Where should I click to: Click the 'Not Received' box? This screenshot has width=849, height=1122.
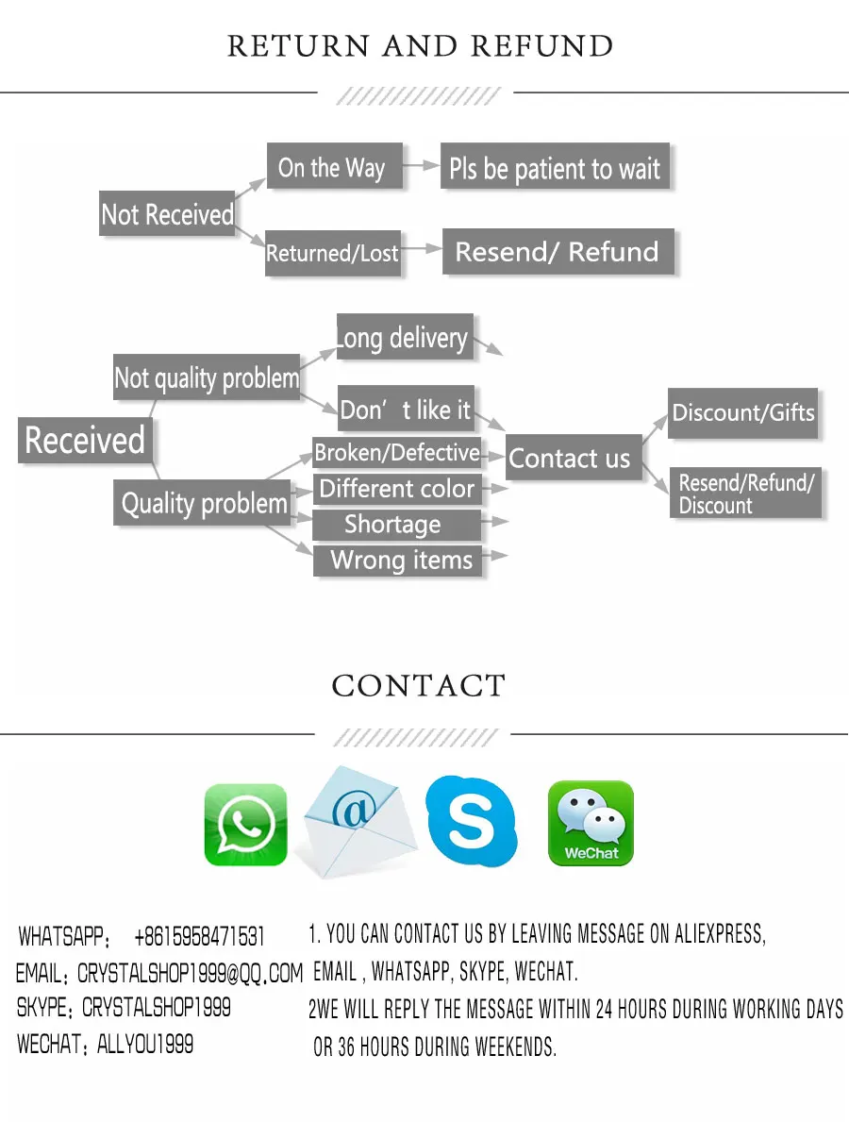click(x=167, y=214)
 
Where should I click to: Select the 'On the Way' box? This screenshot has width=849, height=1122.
click(x=333, y=168)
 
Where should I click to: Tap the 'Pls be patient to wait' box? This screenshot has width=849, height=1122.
click(x=555, y=168)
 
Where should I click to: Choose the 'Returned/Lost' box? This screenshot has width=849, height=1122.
click(x=333, y=253)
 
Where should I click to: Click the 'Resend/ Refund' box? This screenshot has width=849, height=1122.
click(x=558, y=252)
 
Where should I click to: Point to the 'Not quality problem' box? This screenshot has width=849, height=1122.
click(x=207, y=378)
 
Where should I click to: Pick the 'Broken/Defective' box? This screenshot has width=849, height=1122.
click(x=397, y=453)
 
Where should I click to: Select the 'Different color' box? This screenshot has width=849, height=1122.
click(x=397, y=489)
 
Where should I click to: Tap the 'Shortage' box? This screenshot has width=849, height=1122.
click(x=393, y=525)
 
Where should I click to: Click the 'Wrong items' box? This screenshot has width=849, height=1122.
click(x=400, y=561)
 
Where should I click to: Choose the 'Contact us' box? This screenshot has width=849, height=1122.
click(x=570, y=459)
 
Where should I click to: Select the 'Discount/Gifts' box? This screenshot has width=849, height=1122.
click(x=742, y=412)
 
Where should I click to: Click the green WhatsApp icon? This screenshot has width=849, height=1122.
click(x=245, y=824)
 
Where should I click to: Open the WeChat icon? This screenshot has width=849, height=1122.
click(x=591, y=823)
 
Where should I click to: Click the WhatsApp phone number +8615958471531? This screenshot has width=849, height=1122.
click(x=199, y=937)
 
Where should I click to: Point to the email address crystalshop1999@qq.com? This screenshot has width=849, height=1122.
click(x=190, y=973)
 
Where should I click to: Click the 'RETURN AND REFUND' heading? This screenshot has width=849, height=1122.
click(x=421, y=46)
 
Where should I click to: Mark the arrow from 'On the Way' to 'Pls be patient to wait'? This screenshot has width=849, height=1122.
click(x=422, y=167)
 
